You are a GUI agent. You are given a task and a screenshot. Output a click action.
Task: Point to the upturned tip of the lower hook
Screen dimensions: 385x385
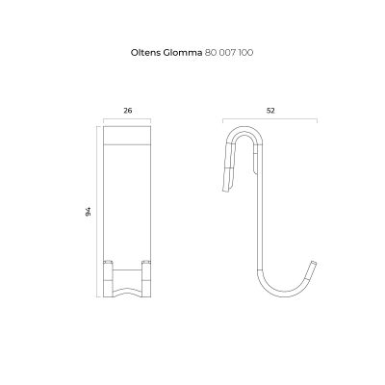313,265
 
